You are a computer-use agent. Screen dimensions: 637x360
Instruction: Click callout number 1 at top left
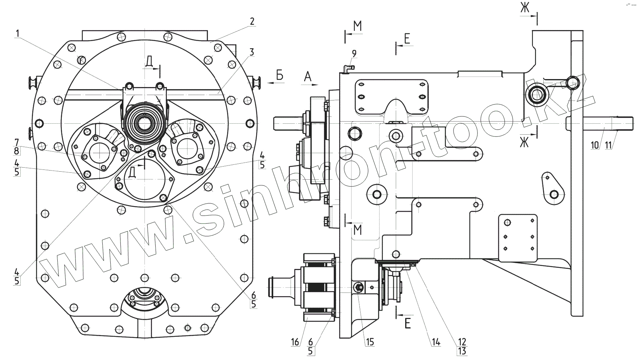[x=17, y=33]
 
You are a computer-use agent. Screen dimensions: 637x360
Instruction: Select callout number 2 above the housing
[x=252, y=21]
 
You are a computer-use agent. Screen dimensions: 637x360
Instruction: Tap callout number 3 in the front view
[x=251, y=52]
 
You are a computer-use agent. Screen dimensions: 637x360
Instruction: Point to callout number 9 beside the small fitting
[x=354, y=54]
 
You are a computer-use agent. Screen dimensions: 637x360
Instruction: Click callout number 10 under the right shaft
[x=595, y=145]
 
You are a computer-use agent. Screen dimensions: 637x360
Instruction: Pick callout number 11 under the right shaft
[x=608, y=145]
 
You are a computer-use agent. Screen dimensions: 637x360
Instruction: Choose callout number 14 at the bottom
[x=436, y=342]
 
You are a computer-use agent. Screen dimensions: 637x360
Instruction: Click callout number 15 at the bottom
[x=370, y=342]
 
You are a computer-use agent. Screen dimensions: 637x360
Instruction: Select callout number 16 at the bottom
[x=295, y=342]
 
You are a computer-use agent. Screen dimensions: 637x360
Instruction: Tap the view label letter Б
[x=279, y=75]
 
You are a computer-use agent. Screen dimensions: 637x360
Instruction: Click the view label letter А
[x=308, y=77]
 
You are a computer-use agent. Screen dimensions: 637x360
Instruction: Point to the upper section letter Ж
[x=525, y=8]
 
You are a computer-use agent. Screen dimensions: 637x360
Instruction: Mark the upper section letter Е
[x=407, y=38]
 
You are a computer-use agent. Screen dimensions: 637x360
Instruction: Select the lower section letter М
[x=358, y=230]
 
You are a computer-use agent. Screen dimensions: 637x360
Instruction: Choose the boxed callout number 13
[x=462, y=351]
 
